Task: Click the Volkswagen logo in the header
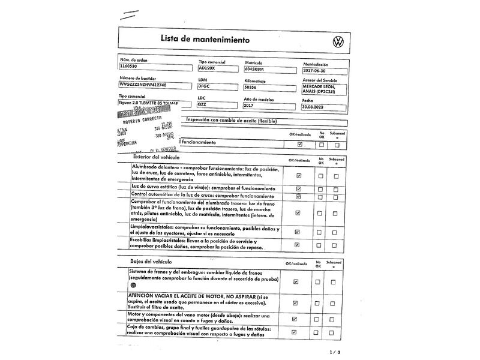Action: coord(337,41)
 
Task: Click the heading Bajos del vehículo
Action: coord(151,262)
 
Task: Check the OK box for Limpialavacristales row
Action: coord(298,231)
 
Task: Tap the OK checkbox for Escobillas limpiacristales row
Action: coord(298,244)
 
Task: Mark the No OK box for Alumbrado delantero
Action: coord(321,176)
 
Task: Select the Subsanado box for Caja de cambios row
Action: coord(336,332)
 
